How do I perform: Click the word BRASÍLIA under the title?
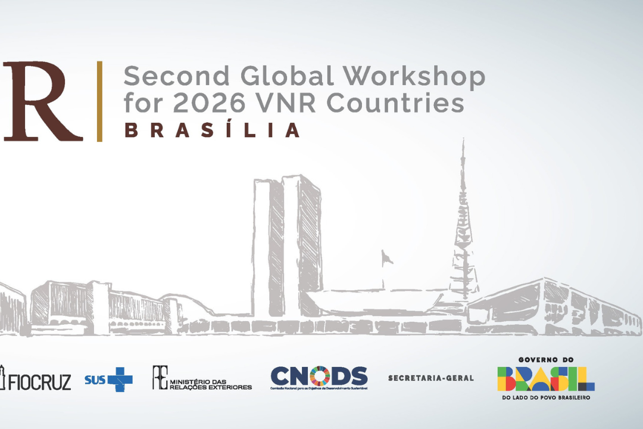211,130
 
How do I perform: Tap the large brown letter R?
42,101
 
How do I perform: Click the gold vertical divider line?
99,101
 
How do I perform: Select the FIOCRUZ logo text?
39,381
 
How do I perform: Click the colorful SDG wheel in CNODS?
319,376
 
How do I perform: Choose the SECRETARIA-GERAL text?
430,378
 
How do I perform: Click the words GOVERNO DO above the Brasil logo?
546,360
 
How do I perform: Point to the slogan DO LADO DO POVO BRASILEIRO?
546,397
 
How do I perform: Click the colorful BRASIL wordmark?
546,378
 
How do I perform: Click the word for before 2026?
143,103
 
